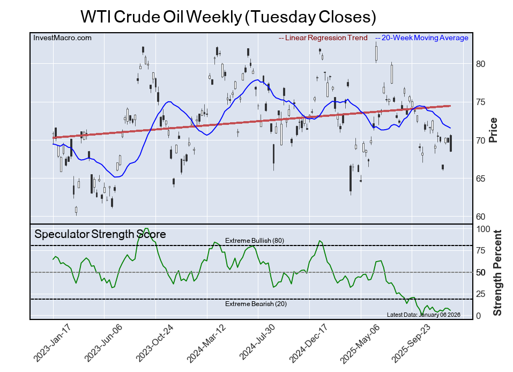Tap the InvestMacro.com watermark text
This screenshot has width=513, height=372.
(x=62, y=38)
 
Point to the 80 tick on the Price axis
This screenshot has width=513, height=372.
(x=481, y=64)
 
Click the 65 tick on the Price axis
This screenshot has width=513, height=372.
(x=481, y=178)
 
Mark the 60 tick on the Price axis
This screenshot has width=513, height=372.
(x=481, y=217)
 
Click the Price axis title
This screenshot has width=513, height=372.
(x=494, y=130)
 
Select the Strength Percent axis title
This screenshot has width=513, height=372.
(x=497, y=272)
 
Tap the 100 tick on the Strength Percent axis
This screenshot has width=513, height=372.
(x=484, y=229)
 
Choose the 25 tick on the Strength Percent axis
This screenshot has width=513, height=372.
(x=482, y=294)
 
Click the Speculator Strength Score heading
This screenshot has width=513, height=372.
(x=100, y=234)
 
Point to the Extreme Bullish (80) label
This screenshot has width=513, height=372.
(x=254, y=241)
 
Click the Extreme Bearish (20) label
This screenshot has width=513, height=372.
(x=255, y=304)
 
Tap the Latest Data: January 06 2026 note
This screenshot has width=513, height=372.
(x=423, y=315)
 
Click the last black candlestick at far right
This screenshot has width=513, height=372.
(x=451, y=143)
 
